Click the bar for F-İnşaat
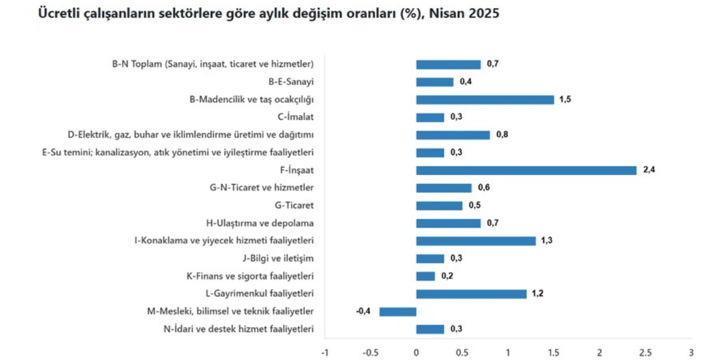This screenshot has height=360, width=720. (526, 170)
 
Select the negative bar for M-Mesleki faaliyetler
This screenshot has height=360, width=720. (398, 312)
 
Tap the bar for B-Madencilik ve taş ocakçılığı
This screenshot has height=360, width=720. (485, 100)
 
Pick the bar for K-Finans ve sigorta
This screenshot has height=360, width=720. (425, 276)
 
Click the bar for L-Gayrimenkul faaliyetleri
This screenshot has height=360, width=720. (471, 294)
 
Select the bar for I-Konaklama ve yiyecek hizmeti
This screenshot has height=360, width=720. (476, 241)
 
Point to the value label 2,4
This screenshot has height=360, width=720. (649, 170)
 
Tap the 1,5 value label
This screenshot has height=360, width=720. (565, 100)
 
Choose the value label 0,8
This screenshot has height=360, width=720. (502, 135)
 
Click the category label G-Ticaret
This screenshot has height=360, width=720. (294, 205)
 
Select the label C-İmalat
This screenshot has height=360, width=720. (295, 117)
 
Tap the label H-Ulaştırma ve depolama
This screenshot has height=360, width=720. (267, 223)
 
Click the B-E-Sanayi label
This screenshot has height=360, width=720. (291, 82)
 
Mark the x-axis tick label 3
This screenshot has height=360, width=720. (691, 353)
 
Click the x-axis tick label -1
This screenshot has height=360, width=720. (324, 353)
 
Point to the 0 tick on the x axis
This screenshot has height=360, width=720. (416, 353)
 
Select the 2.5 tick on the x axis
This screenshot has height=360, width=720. (645, 353)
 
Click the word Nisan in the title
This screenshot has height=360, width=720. (446, 14)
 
